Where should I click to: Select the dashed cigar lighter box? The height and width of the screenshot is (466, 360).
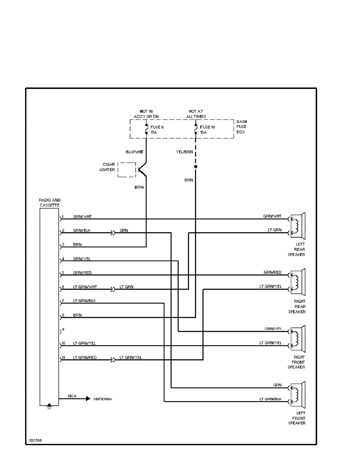click(126, 169)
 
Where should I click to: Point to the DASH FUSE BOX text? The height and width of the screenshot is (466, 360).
click(242, 127)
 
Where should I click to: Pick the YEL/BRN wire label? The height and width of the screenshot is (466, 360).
click(184, 151)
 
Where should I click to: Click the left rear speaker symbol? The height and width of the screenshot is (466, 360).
click(298, 225)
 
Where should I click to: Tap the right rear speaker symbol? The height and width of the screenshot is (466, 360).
click(298, 281)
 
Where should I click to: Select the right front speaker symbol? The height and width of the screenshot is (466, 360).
click(298, 338)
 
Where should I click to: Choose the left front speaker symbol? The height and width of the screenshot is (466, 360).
click(298, 394)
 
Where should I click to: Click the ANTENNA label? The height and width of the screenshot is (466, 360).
click(102, 399)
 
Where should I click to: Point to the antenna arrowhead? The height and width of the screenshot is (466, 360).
click(88, 399)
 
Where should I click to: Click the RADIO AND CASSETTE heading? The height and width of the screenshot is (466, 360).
click(49, 202)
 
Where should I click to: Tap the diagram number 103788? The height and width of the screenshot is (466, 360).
click(35, 440)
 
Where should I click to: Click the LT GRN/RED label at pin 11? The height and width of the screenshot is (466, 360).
click(84, 357)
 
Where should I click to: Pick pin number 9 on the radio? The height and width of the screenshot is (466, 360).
click(63, 329)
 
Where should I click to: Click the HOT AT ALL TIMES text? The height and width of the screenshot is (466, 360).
click(196, 114)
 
